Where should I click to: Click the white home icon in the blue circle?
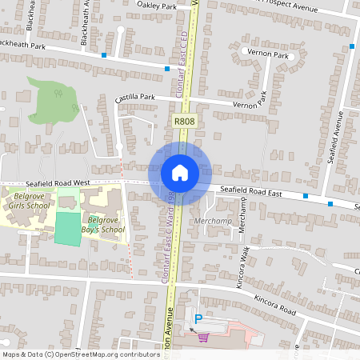click(179, 172)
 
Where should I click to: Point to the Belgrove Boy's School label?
click(106, 225)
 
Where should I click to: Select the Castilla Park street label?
click(134, 97)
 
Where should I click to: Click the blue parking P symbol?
click(198, 318)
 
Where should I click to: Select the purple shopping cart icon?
click(203, 338)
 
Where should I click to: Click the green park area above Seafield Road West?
click(52, 101)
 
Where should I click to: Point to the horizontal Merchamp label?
click(212, 220)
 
